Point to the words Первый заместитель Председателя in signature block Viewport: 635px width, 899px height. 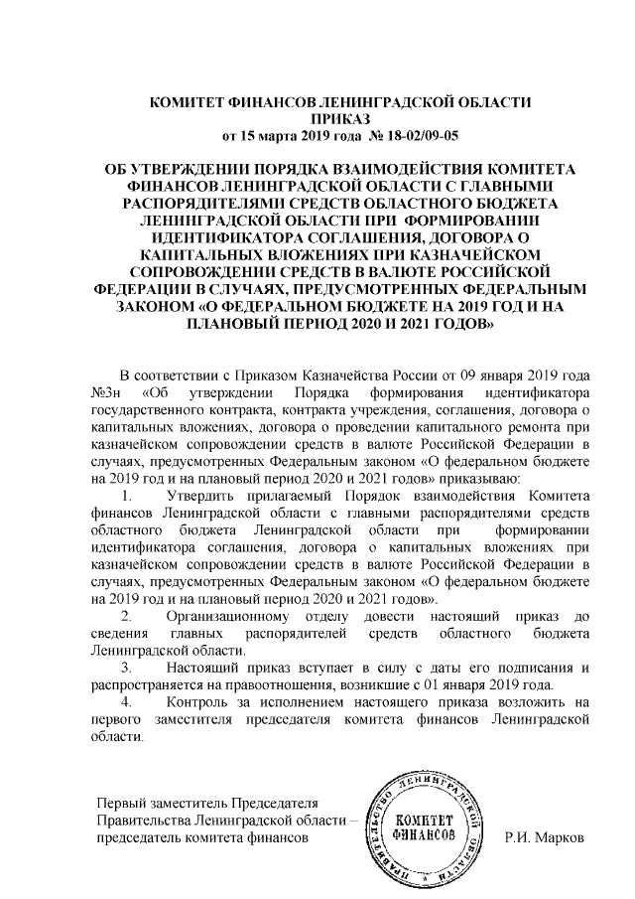point(205,803)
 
